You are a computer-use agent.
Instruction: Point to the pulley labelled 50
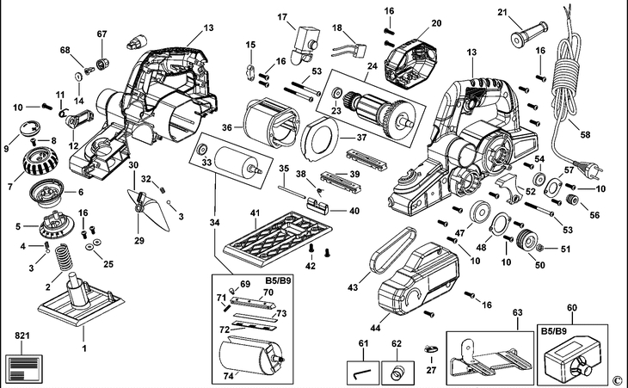(524, 238)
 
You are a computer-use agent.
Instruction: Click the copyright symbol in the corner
(616, 379)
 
